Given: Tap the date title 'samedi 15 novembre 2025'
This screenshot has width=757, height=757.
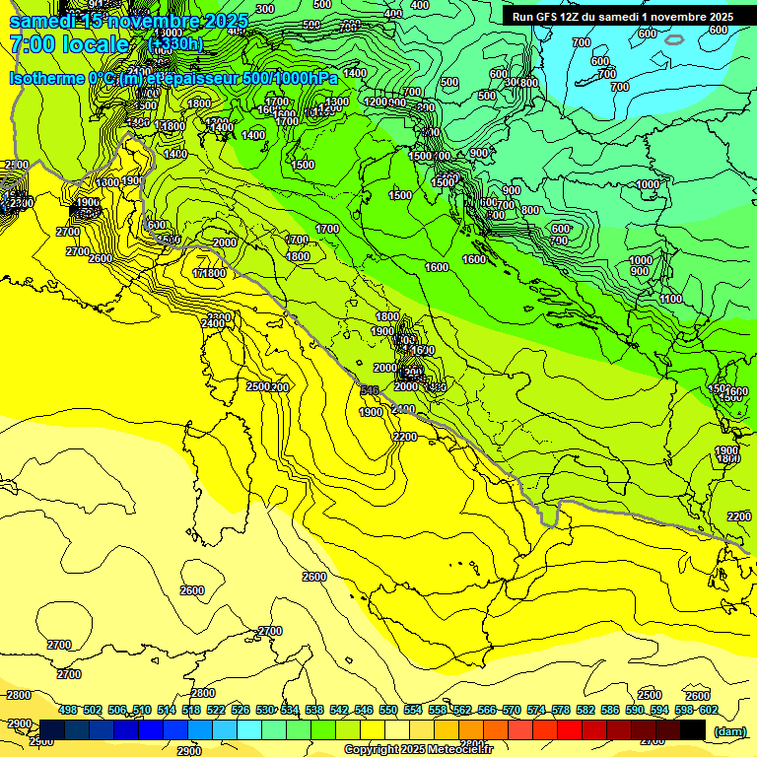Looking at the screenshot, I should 128,21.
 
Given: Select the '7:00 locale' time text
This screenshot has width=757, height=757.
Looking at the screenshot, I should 69,44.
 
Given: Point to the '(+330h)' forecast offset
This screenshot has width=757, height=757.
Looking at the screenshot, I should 175,44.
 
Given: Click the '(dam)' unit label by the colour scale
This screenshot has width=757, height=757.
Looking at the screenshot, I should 729,731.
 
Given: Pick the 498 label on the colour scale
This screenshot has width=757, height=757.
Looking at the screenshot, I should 68,710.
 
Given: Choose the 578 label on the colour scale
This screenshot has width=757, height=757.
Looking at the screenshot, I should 561,710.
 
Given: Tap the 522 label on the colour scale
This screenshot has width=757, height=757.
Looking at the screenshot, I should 216,710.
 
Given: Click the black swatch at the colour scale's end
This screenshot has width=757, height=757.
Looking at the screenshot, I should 693,730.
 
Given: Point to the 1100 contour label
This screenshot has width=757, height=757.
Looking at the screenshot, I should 671,299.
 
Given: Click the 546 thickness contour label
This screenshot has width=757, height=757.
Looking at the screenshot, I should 370,391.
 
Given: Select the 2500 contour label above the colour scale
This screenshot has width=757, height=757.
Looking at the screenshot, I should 649,695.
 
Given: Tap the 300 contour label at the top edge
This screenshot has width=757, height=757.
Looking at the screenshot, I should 265,9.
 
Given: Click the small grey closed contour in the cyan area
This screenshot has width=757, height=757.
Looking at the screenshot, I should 674,39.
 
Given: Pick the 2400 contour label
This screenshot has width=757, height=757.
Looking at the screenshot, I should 212,323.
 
